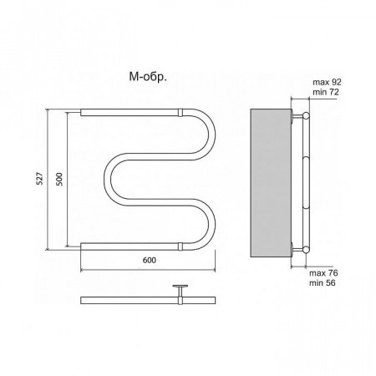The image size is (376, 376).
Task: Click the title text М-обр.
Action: tap(148, 77)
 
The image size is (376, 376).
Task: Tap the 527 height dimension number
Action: tap(40, 178)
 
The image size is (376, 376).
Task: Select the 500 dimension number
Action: tap(59, 179)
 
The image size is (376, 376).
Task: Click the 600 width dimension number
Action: tap(150, 260)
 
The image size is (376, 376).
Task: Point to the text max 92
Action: tap(327, 82)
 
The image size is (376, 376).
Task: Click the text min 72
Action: tap(326, 92)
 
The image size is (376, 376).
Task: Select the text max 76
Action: tap(323, 273)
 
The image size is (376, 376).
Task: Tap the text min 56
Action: tap(323, 283)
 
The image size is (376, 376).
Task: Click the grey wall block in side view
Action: tap(271, 183)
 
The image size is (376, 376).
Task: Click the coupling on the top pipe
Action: tap(180, 113)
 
